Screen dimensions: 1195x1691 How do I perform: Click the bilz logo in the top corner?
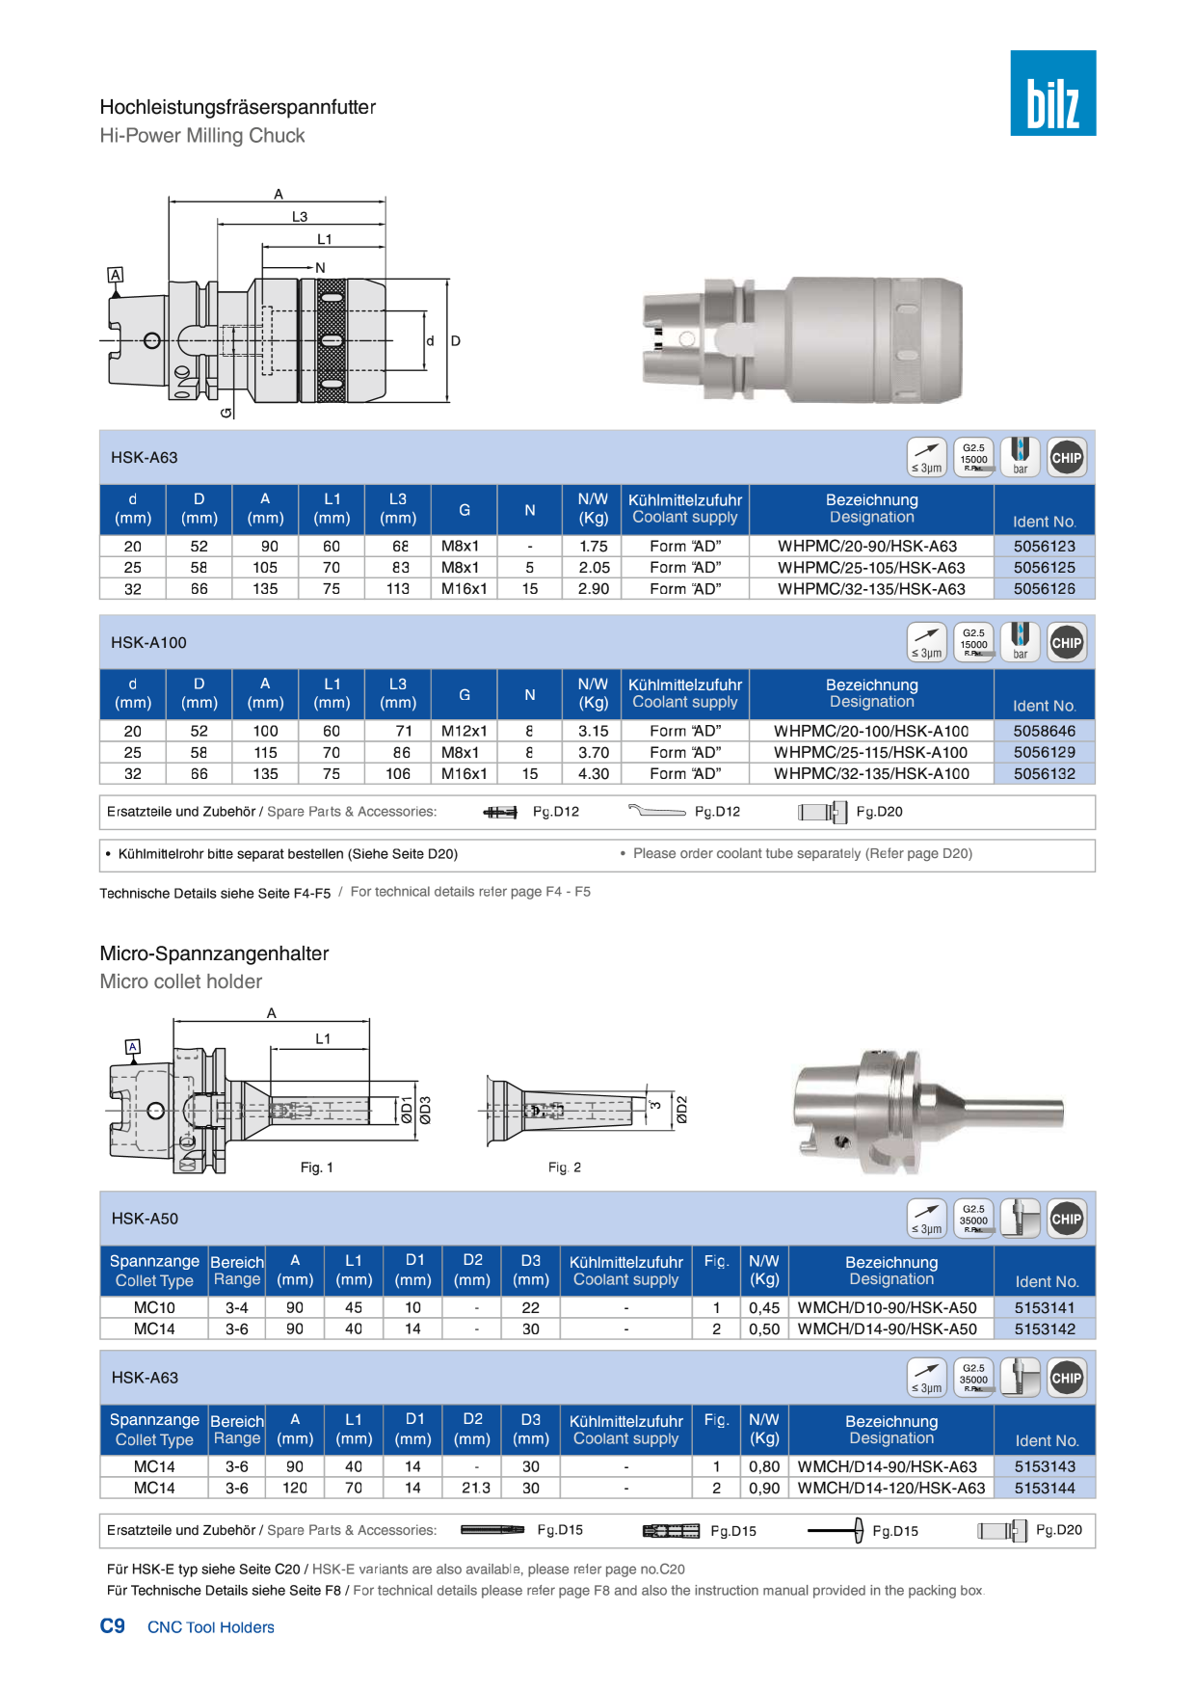[x=1052, y=93]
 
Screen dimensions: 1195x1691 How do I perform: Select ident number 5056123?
[x=1044, y=547]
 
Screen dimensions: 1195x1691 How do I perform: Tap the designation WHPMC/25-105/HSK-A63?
[x=871, y=568]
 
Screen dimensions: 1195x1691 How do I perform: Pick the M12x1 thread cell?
[x=464, y=732]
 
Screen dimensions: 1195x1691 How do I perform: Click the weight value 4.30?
[x=594, y=774]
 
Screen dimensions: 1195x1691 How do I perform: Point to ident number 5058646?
[x=1044, y=732]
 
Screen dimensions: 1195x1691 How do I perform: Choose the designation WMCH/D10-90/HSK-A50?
[x=887, y=1308]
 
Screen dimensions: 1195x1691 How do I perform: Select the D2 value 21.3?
[x=475, y=1489]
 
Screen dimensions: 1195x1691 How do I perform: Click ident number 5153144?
[x=1045, y=1489]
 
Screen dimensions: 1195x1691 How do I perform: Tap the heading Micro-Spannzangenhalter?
[x=214, y=953]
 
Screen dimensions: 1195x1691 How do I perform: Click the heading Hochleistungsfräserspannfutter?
[x=238, y=107]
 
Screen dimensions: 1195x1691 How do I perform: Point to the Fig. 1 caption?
[x=316, y=1168]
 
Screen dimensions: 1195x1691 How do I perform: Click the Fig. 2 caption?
[x=564, y=1168]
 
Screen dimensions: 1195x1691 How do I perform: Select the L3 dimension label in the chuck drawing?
[x=300, y=217]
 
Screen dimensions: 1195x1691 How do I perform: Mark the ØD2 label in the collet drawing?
[x=681, y=1110]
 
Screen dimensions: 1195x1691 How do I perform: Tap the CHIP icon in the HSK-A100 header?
[x=1066, y=643]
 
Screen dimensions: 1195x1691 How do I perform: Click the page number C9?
[x=113, y=1626]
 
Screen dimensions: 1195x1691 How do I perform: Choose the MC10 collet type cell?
[x=154, y=1308]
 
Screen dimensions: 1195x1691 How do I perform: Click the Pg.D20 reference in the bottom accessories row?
[x=1058, y=1530]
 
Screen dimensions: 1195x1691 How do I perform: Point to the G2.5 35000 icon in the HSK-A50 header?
[x=973, y=1219]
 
